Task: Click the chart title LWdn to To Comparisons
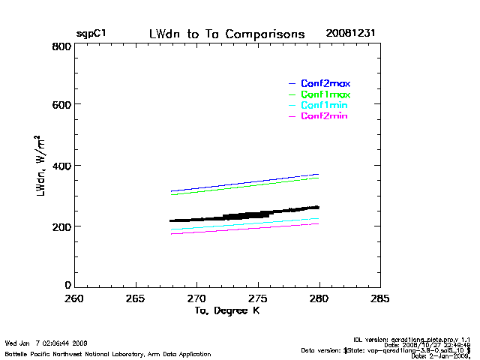[226, 34]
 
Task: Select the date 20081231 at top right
[350, 34]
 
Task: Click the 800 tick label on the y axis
[61, 46]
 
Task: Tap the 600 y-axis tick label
[61, 106]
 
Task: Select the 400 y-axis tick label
[61, 166]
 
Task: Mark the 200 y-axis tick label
[61, 226]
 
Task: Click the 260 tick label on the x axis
[74, 298]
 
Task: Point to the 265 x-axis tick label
[136, 298]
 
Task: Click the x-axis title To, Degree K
[226, 310]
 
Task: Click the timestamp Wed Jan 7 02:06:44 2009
[46, 343]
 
